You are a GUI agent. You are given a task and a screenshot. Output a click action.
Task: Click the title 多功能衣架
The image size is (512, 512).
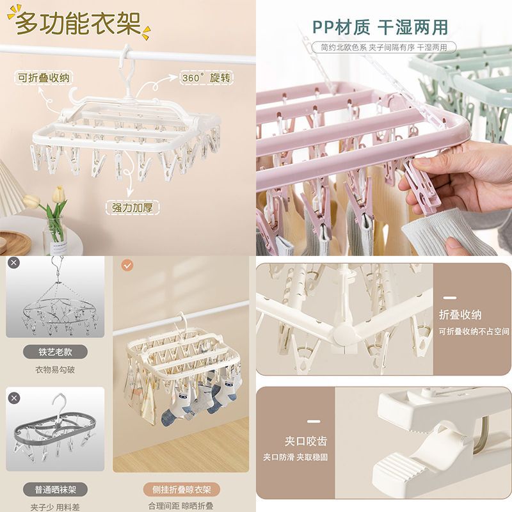point(78,23)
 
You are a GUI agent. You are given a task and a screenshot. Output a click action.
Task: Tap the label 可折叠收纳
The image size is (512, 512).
point(44,78)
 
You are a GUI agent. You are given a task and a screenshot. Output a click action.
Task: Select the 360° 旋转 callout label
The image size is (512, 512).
point(206,77)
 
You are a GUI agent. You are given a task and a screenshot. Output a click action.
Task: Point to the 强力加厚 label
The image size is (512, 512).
point(132,207)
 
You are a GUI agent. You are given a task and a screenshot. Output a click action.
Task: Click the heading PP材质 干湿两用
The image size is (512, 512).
point(380,27)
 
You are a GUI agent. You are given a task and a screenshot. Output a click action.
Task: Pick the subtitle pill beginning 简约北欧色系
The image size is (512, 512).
point(383,47)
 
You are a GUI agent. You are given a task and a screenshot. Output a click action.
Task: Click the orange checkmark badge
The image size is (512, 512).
point(127,266)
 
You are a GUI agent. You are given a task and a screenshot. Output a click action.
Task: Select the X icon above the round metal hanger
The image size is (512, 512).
point(13,262)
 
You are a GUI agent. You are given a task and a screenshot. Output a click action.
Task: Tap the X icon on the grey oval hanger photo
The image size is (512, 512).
point(13,398)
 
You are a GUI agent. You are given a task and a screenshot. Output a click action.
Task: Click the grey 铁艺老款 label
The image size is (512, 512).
point(55,352)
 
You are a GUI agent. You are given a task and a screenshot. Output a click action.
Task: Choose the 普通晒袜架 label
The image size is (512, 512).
point(55,490)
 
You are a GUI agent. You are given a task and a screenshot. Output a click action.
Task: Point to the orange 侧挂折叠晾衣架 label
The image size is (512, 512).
point(182,490)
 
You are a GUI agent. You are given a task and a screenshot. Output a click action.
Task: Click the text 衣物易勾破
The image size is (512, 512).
point(55,370)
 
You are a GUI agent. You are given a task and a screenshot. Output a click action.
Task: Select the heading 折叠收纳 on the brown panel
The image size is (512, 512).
point(460,315)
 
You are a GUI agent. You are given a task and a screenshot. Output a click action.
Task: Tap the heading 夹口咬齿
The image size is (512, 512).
point(306,442)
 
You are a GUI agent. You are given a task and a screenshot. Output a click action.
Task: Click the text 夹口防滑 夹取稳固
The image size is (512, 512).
point(296,457)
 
